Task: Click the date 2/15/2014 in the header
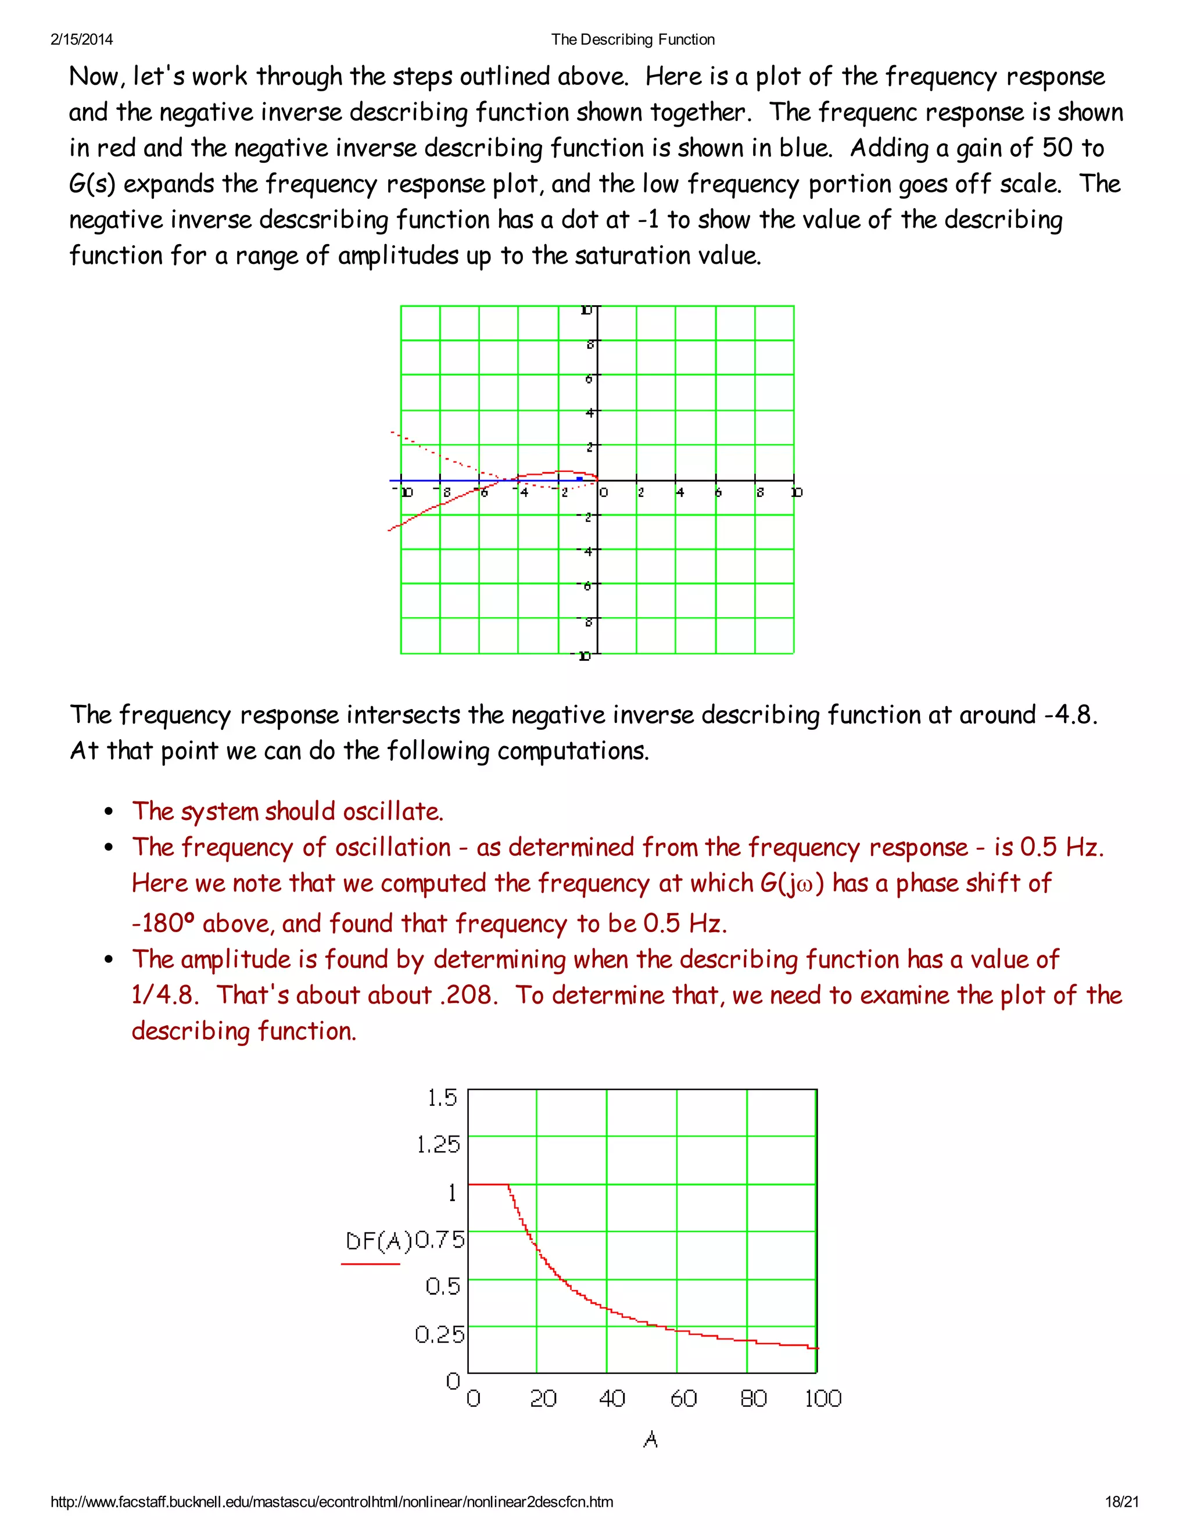(x=82, y=40)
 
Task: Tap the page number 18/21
(x=1121, y=1501)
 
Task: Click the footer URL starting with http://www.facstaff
(x=331, y=1501)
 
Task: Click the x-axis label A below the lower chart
(x=651, y=1439)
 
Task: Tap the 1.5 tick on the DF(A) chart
(x=442, y=1098)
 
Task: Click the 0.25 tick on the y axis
(x=439, y=1333)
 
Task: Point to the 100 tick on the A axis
(x=823, y=1398)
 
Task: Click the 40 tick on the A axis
(x=612, y=1398)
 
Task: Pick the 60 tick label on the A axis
(x=683, y=1398)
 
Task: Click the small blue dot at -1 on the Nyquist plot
(x=579, y=479)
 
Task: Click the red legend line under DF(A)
(x=370, y=1263)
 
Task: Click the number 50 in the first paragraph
(x=1057, y=148)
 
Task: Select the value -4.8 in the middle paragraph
(x=1065, y=715)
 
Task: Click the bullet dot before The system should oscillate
(x=109, y=812)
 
